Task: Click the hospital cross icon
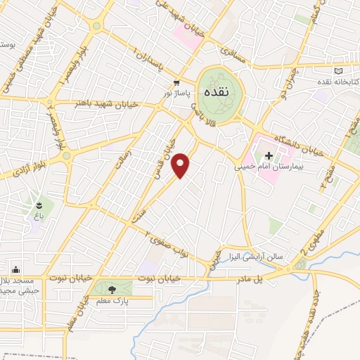pos(268,155)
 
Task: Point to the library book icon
pos(340,72)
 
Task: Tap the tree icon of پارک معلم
pos(112,288)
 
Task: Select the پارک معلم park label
pos(112,301)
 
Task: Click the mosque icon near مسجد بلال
pos(15,269)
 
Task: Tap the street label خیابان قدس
pos(163,158)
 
